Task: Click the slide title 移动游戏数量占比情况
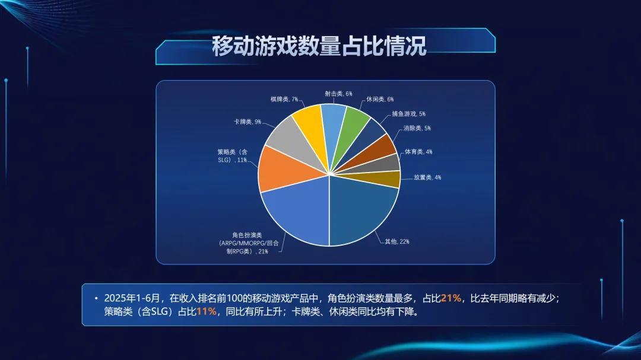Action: point(319,46)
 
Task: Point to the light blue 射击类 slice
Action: point(333,119)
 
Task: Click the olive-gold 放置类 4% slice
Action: point(386,179)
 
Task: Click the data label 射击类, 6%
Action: point(338,94)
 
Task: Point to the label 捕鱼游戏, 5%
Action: point(409,114)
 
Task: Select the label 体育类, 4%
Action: point(418,152)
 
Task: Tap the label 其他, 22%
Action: point(397,241)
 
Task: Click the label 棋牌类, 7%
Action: point(284,99)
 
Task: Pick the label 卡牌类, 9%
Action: point(247,122)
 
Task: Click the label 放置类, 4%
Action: point(427,177)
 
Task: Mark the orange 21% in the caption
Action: point(451,298)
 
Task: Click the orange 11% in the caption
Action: point(206,311)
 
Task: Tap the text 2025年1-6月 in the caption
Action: point(132,298)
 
